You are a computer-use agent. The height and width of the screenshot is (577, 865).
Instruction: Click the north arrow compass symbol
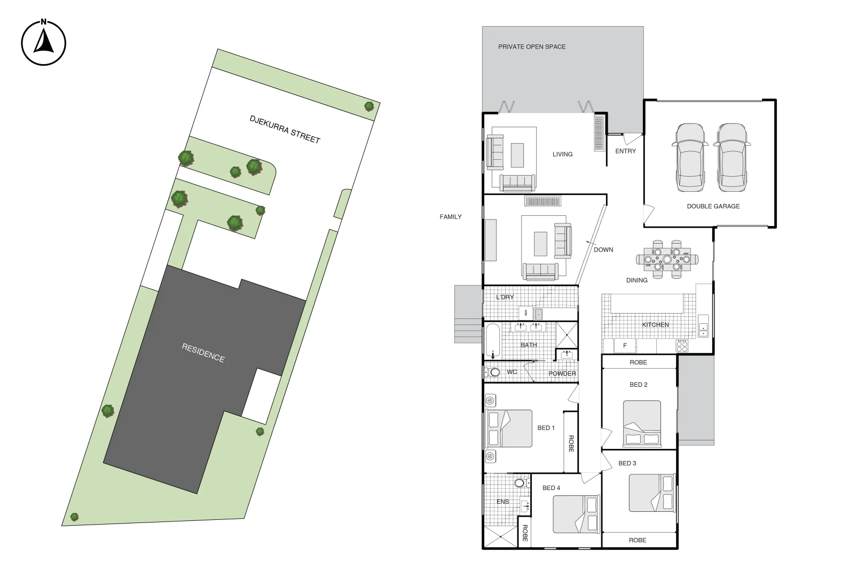[44, 43]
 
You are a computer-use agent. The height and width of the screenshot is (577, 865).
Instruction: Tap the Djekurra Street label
[285, 129]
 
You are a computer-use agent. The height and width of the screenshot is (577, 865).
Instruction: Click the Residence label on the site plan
[203, 353]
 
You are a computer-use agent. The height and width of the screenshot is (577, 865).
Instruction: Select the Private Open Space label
[532, 47]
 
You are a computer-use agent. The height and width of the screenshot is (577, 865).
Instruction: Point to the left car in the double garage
[690, 158]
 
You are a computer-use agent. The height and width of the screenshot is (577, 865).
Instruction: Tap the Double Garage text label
[713, 206]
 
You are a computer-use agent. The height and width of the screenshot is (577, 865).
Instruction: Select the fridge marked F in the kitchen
[625, 346]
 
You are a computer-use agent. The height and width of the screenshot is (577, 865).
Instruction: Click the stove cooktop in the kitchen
[682, 346]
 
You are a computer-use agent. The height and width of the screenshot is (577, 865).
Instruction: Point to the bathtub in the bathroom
[493, 340]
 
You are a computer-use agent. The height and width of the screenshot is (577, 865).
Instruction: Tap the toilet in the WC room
[493, 372]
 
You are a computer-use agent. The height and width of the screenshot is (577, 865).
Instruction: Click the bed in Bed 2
[642, 424]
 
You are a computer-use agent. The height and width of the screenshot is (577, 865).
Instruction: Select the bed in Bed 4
[576, 514]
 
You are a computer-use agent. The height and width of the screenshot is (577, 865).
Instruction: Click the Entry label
[625, 151]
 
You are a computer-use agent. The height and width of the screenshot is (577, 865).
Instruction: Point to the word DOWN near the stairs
[603, 250]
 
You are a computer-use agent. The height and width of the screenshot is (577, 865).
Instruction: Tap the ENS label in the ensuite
[502, 502]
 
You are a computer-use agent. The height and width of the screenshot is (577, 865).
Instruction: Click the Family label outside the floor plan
[450, 217]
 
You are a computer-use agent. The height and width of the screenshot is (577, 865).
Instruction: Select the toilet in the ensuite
[520, 483]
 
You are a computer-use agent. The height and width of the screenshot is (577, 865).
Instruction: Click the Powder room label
[562, 374]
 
